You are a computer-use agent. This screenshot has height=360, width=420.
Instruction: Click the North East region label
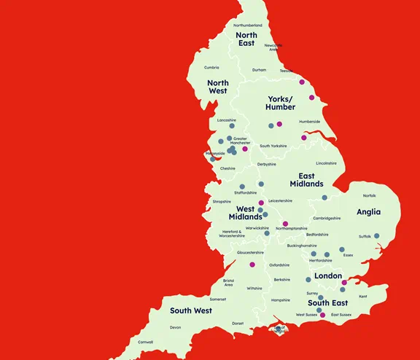coord(246,39)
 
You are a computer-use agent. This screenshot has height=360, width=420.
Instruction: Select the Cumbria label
coord(211,67)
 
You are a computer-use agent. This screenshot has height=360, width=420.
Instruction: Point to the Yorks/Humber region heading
coord(281,103)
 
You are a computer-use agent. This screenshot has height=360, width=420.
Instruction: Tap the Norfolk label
coord(370,195)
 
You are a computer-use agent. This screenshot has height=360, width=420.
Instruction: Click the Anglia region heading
coord(369,212)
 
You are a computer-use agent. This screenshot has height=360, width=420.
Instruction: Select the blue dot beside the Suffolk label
coord(377,235)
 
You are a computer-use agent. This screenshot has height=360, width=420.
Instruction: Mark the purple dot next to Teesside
coord(302,71)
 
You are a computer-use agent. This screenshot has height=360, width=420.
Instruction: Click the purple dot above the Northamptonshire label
coord(286,223)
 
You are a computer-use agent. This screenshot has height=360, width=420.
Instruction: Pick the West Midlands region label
coord(245,213)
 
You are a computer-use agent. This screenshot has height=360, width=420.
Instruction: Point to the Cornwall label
coord(146,342)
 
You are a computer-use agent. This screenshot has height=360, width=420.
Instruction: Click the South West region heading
coord(191,310)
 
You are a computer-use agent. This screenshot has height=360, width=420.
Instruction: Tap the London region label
coord(327,276)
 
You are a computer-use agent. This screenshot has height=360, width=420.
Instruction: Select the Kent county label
coord(363,296)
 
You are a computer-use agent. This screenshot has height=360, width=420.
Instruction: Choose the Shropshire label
coord(222,201)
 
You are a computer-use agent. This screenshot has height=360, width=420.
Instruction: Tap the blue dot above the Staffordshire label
coord(242,187)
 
